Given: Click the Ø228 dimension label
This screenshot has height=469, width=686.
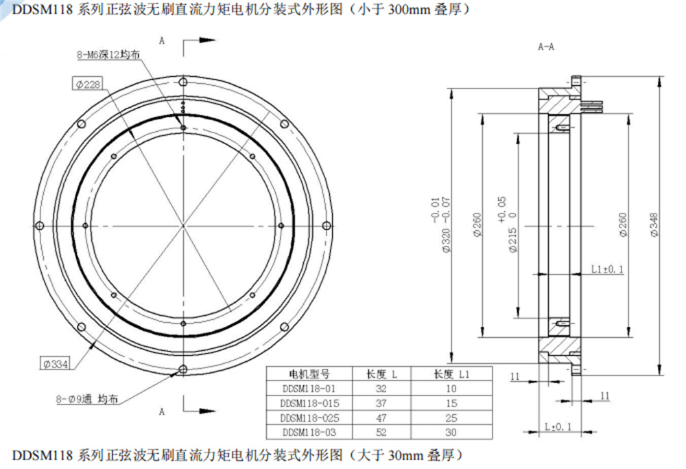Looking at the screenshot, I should pos(88,84).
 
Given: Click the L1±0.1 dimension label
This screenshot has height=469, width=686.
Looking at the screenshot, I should pos(607,269).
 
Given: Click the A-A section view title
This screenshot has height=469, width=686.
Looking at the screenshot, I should pos(546,47).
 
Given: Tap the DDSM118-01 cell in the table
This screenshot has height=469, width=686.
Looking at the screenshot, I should pos(307,389).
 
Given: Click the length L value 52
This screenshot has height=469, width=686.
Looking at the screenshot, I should pos(381,432).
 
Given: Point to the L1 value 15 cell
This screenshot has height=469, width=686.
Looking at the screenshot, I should pos(451,403).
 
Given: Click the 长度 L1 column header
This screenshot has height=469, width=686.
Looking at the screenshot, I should pos(451,374).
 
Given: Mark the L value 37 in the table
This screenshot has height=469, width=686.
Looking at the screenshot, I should pos(381,403).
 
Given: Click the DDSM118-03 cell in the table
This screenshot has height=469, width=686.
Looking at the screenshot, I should pos(307,432).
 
